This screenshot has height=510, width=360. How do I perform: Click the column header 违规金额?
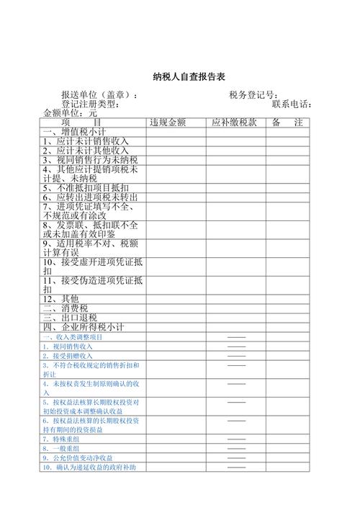point(168,123)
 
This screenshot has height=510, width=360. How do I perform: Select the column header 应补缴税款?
point(234,123)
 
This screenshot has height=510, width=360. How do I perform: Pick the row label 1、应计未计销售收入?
point(84,141)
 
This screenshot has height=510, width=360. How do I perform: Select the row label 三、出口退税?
point(69,317)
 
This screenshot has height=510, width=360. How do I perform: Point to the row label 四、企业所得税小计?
point(84,326)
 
